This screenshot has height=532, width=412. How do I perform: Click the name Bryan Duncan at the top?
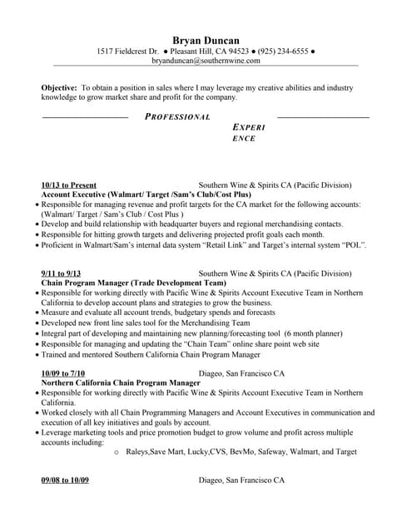coord(206,39)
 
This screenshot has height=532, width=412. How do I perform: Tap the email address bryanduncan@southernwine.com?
coord(206,61)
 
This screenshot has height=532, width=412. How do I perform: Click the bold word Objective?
coord(58,86)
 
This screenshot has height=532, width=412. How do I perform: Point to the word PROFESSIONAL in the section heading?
coord(177,117)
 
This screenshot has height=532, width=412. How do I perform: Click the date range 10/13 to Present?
coord(68,185)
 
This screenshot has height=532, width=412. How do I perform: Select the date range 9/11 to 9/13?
coord(61,273)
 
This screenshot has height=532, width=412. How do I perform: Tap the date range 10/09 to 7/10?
coord(63,373)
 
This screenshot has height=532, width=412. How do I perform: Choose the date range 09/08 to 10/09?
coord(65,480)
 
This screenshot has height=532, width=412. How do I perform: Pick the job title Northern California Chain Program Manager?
coord(121,382)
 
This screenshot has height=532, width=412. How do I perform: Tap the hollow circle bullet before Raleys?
coord(116,453)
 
